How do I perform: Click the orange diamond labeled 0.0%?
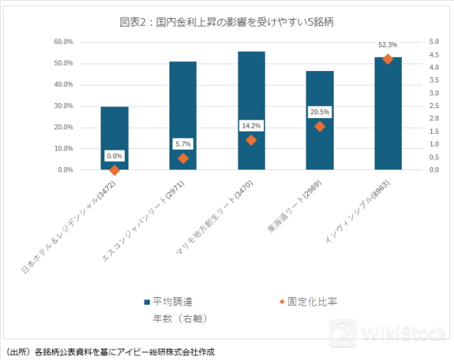(x=115, y=170)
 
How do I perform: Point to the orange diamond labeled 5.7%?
(x=183, y=158)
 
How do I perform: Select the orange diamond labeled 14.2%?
(x=251, y=140)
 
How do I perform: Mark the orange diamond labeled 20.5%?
(x=320, y=126)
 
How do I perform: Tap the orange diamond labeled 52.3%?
(x=388, y=59)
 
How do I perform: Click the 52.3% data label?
(x=388, y=45)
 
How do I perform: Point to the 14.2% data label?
(x=251, y=126)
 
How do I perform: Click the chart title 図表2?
(x=227, y=22)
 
